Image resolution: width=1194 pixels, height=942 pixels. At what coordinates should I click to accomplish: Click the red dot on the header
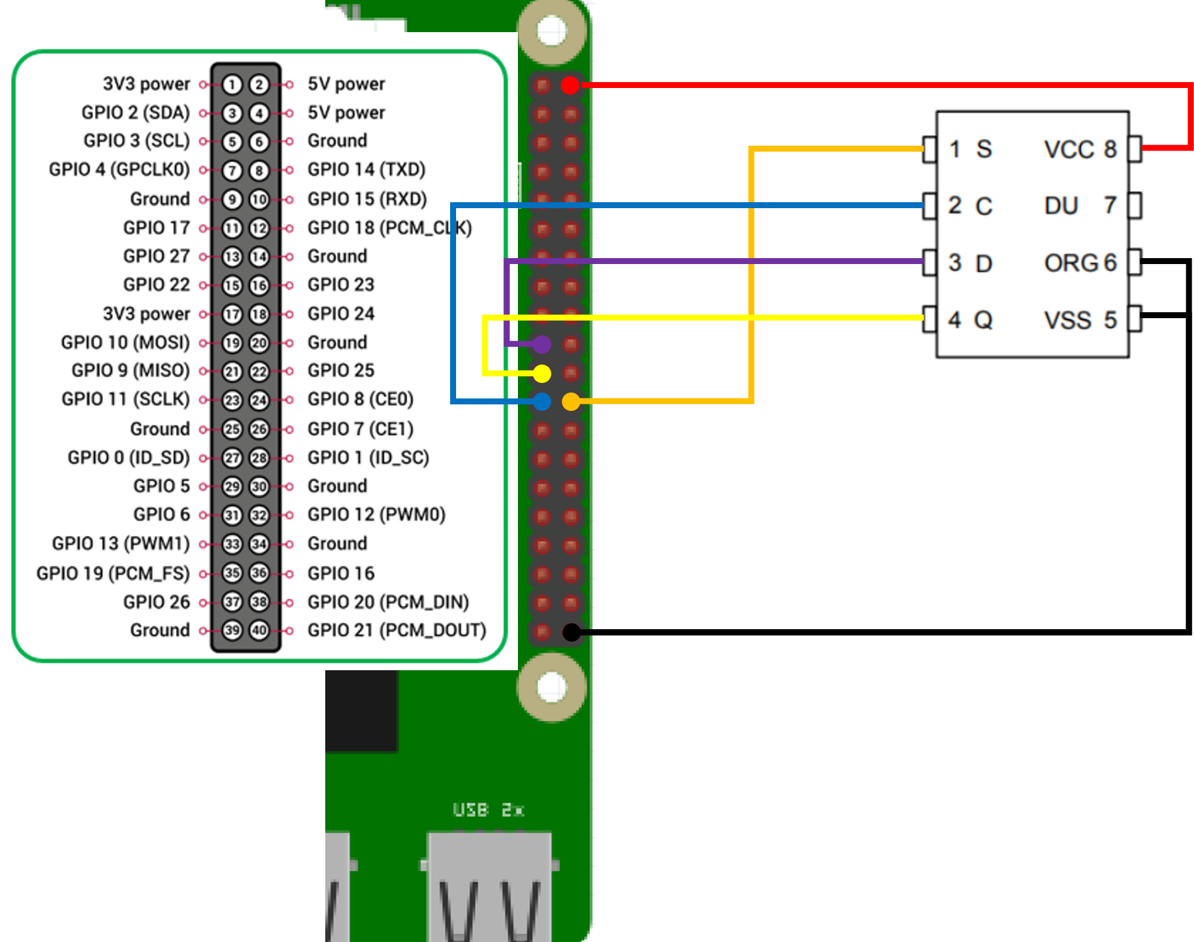coord(570,85)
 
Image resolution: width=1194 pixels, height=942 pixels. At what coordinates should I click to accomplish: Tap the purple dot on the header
coord(542,344)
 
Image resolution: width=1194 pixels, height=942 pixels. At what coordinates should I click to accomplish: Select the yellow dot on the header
coord(542,373)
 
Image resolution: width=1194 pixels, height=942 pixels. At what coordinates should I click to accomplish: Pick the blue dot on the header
coord(542,401)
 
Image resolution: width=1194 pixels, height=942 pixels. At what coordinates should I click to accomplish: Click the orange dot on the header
coord(571,401)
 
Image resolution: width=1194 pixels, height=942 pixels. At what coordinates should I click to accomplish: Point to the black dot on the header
coord(571,632)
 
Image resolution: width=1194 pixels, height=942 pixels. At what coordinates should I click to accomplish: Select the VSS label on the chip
coord(1068,321)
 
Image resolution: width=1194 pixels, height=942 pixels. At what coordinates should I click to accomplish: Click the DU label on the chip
coord(1061,206)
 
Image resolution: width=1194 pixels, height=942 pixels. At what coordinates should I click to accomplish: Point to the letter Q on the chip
coord(984,321)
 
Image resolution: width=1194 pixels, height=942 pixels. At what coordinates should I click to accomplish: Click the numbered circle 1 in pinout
coord(232,84)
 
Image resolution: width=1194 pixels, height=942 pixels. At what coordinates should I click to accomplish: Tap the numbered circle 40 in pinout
coord(259,630)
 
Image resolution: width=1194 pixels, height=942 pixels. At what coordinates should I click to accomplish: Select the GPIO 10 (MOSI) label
coord(125,343)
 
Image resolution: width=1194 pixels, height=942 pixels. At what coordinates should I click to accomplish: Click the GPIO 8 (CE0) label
coord(360,399)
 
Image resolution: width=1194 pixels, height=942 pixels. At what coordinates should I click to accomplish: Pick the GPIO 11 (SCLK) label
coord(125,399)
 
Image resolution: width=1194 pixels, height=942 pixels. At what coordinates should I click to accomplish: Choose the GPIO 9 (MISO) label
coord(130,370)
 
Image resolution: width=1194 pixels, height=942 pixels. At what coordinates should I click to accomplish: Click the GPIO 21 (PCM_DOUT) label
coord(397,630)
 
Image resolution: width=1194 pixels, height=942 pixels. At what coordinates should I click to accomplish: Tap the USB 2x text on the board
coord(488,809)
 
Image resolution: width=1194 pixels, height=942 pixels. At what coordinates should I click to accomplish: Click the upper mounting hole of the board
coord(552,30)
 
